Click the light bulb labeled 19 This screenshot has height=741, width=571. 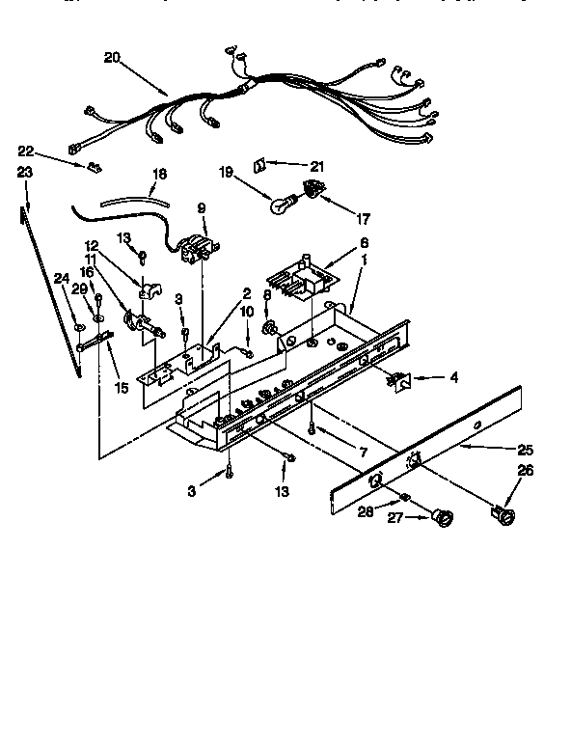point(283,204)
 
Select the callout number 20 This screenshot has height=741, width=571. point(111,57)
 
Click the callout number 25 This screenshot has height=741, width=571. point(525,449)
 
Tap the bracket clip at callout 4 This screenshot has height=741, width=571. point(396,381)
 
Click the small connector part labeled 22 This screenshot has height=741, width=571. point(94,167)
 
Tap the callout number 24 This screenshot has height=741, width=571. point(61,279)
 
